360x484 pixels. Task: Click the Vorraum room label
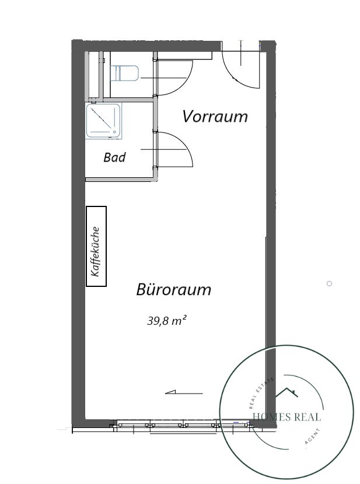215,117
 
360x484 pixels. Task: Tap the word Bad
114,157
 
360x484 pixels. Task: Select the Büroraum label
173,290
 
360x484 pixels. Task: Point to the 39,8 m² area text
167,321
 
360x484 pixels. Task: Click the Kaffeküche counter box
96,246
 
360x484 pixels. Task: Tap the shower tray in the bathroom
103,121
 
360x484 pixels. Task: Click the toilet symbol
124,73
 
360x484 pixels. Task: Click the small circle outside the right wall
330,283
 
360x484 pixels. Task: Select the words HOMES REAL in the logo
287,417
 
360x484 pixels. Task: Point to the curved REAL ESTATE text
261,392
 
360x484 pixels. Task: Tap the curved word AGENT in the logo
313,437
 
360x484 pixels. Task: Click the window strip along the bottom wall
183,425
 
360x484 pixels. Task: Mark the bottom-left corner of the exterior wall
72,428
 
